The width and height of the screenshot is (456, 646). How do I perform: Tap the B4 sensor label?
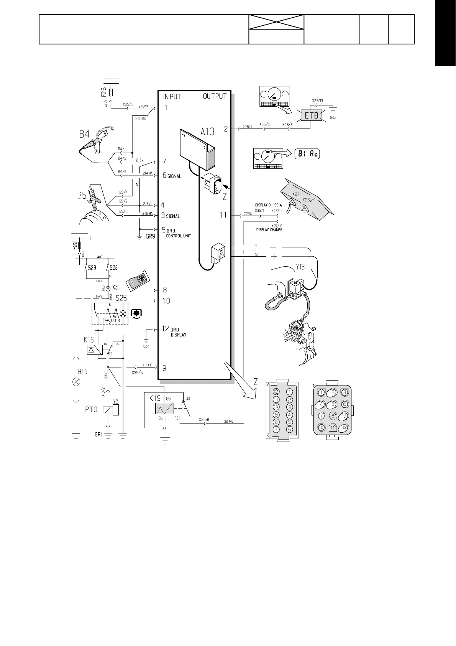tap(84, 134)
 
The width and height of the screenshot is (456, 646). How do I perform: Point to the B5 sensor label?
tap(82, 196)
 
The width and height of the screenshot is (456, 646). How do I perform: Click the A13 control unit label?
tap(207, 132)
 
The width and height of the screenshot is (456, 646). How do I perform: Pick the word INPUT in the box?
tap(171, 96)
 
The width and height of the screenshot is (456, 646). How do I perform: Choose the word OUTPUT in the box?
tap(215, 96)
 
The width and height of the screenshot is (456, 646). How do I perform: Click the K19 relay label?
tap(155, 399)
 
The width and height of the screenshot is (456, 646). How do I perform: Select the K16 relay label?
tap(89, 340)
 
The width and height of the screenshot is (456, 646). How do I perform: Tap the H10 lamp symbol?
tap(77, 382)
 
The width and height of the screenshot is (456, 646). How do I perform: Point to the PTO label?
tap(91, 410)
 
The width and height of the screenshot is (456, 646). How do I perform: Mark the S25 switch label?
tap(121, 298)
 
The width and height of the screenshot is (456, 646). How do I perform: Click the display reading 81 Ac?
tap(307, 154)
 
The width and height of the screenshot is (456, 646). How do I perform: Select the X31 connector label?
tap(116, 288)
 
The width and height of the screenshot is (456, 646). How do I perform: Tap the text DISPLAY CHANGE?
tap(269, 230)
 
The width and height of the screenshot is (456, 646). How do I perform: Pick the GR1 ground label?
tap(99, 435)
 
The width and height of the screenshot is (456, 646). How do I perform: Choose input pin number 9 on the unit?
tap(164, 368)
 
